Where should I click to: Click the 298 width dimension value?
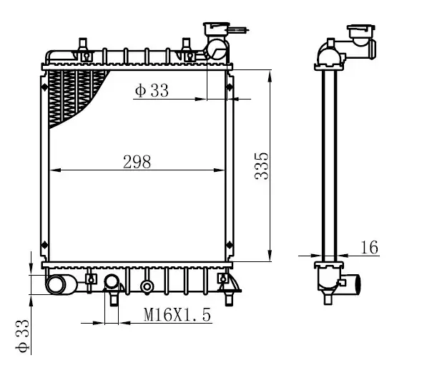[137, 162]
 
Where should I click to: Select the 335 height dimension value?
[261, 166]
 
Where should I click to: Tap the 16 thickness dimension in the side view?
[370, 247]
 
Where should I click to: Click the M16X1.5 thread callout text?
[177, 314]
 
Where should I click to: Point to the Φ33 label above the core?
[152, 90]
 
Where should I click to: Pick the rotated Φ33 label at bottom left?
[22, 336]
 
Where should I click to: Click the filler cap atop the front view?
[216, 29]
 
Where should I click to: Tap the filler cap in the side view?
[360, 31]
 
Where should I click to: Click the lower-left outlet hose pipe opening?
[57, 285]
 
